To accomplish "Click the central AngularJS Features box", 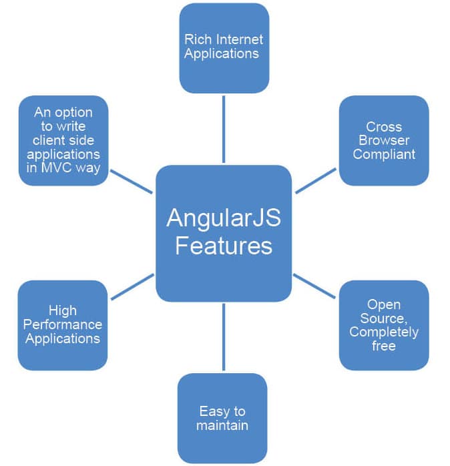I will pos(223,232).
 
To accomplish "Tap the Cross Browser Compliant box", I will pos(384,140).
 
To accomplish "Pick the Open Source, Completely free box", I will pos(384,325).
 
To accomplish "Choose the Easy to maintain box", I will pos(222,418).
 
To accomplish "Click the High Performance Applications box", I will pos(63,325).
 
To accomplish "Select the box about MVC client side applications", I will pos(63,140).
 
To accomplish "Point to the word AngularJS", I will pos(223,218).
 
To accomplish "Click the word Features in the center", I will pos(223,246).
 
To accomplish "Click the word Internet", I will pos(238,39).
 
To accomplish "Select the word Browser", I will pos(384,140).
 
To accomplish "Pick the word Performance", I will pos(63,324).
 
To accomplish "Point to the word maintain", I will pos(222,425).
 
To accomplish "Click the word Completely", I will pos(384,332).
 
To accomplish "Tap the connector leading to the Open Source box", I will pos(315,285).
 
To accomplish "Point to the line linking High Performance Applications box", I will pos(132,286).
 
